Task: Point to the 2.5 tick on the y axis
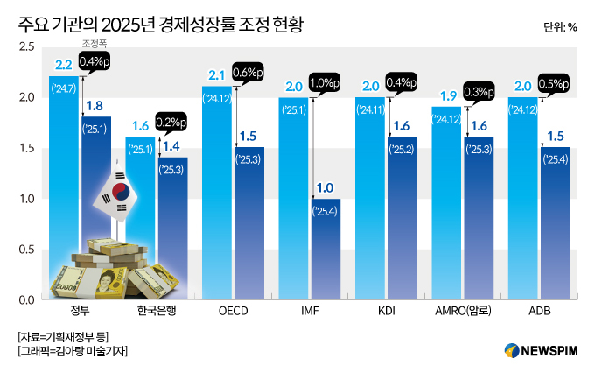point(27,46)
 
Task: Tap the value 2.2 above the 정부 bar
point(63,65)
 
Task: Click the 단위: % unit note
point(559,26)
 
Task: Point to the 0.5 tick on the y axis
point(27,250)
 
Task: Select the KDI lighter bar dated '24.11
point(370,201)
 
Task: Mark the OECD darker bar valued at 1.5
point(249,228)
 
